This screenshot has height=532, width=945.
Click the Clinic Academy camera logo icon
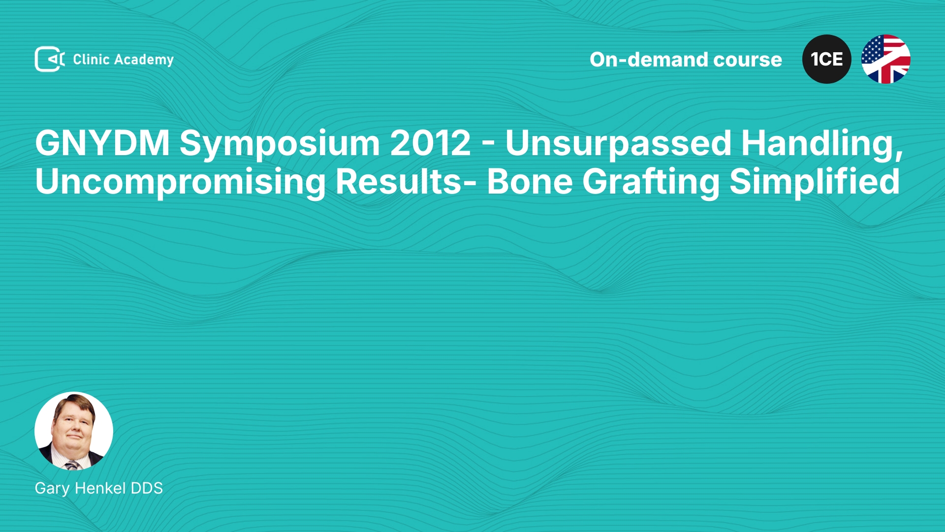50,59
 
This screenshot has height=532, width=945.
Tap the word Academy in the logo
144,60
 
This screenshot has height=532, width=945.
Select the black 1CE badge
826,59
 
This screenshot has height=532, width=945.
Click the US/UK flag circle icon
885,59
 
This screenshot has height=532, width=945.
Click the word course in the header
747,60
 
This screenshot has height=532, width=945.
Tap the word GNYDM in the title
102,143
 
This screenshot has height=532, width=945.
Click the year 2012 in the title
430,143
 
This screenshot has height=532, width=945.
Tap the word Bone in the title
530,181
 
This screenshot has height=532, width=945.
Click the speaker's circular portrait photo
74,431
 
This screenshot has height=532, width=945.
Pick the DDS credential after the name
147,488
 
